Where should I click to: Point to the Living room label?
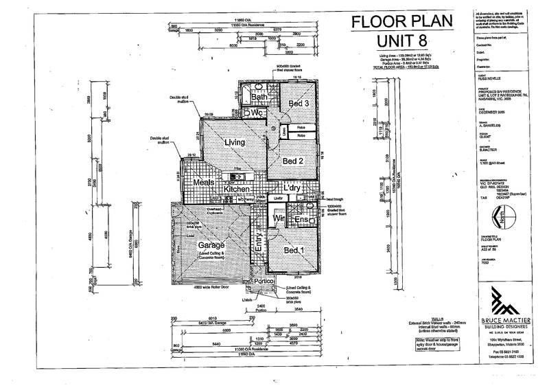(233, 141)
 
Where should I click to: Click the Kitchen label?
(236, 189)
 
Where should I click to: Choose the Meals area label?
(205, 183)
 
